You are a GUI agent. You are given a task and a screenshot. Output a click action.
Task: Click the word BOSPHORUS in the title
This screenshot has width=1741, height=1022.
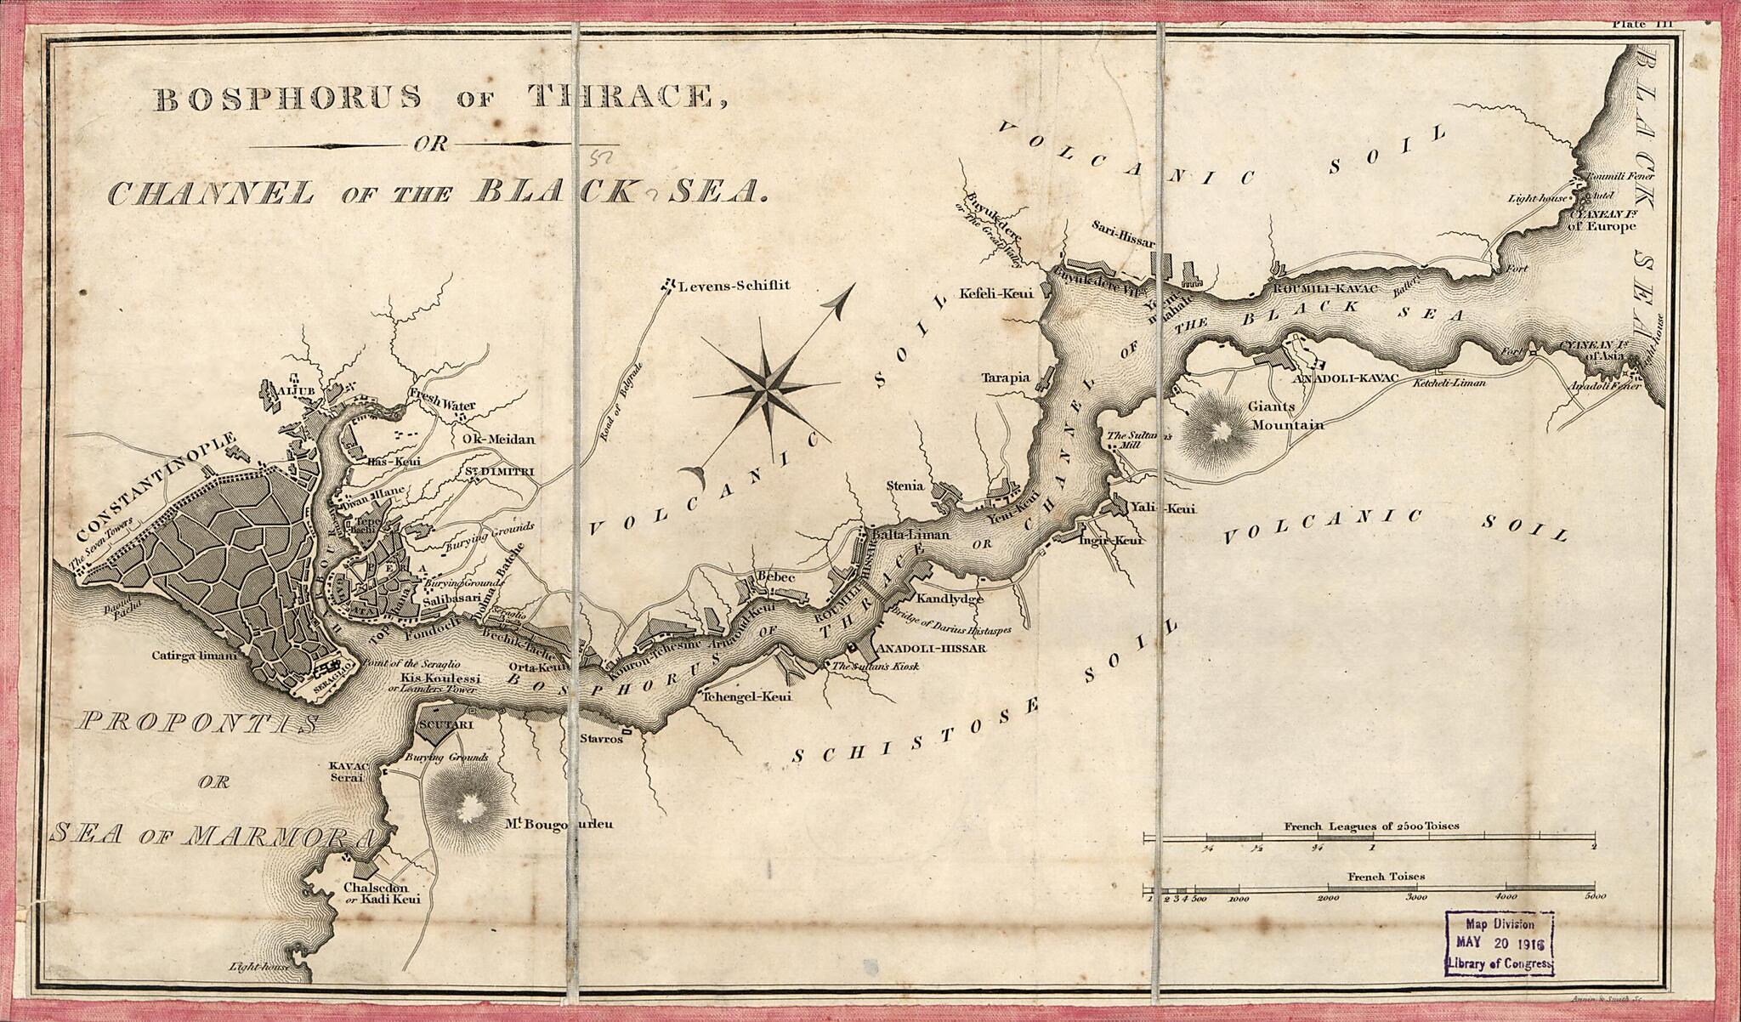[x=287, y=99]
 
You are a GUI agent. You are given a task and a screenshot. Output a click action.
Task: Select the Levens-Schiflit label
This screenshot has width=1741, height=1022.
[x=733, y=286]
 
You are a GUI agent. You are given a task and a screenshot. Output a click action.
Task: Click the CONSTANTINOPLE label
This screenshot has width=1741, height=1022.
[x=156, y=489]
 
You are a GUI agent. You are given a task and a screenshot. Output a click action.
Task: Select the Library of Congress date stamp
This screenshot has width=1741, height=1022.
[x=1499, y=942]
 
